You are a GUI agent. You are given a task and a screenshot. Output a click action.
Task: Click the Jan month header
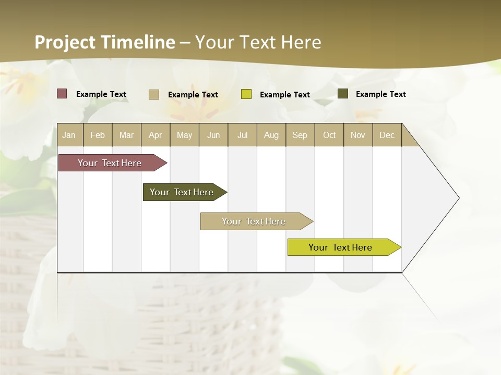69,135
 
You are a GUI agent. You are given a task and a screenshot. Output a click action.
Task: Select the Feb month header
98,135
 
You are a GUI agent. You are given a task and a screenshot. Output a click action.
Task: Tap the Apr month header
156,135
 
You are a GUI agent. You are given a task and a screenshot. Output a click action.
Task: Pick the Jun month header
213,135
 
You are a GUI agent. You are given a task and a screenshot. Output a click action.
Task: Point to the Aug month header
271,135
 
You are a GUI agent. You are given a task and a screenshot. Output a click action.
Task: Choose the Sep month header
300,135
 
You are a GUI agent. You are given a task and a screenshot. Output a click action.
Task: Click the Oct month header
329,135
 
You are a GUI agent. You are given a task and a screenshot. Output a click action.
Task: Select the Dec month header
387,135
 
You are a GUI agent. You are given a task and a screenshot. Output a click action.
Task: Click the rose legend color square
62,94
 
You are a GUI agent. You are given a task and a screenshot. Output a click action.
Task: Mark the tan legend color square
154,94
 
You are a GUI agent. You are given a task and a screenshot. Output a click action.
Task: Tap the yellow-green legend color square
246,94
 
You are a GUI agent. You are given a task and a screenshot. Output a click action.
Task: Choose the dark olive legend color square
343,94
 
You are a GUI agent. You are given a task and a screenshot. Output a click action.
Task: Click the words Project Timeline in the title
105,42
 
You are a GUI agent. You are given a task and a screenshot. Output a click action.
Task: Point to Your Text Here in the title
258,42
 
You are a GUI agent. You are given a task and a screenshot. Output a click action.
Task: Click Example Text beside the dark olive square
381,94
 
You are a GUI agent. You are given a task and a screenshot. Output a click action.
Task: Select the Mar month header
127,135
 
